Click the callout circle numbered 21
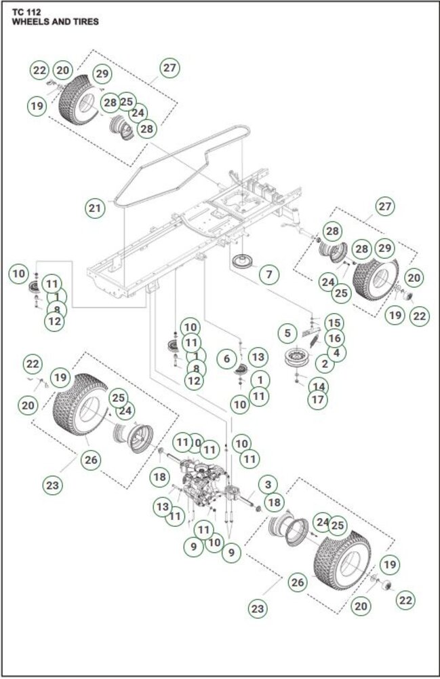(x=96, y=208)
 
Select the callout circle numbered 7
(x=268, y=275)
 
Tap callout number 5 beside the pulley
(x=288, y=333)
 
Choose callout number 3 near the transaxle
(x=268, y=485)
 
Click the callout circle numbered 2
(x=325, y=365)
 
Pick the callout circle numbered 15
(x=334, y=323)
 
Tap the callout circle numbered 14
(x=318, y=386)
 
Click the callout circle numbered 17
(x=317, y=399)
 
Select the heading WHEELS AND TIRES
(x=55, y=22)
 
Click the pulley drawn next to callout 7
(x=240, y=263)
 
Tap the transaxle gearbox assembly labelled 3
(x=203, y=485)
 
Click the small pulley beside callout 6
(x=239, y=370)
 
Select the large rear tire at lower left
(x=80, y=405)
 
